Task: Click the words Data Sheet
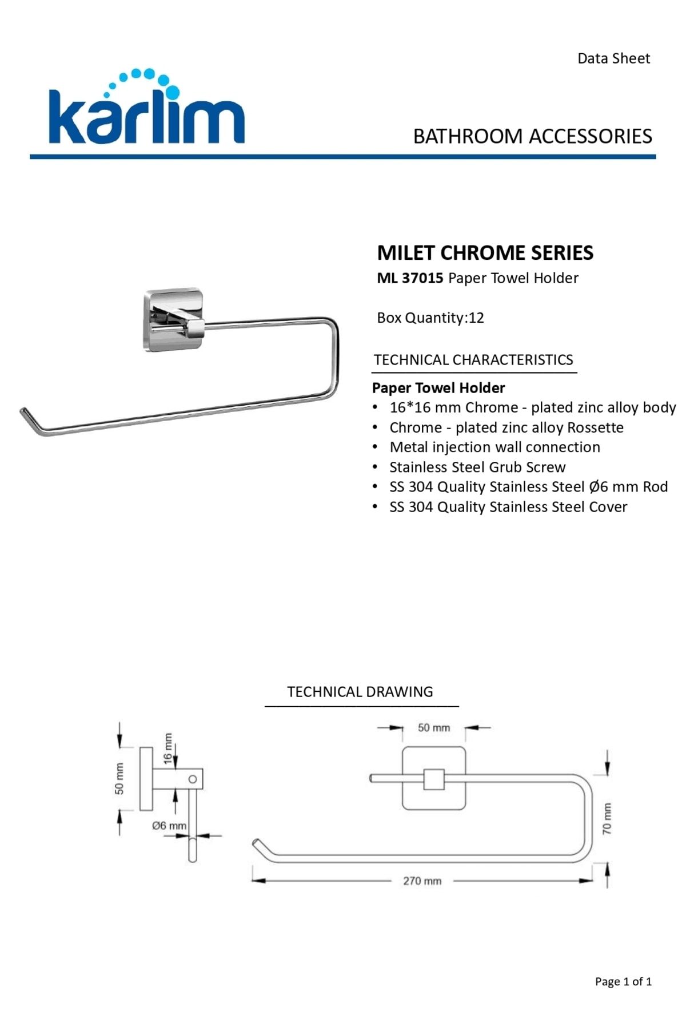pos(613,58)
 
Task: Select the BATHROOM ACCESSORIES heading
pos(532,136)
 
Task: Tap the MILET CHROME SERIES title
pos(485,252)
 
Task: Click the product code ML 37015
pos(410,278)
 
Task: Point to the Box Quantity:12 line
pos(430,318)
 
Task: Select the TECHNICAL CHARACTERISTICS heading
pos(473,360)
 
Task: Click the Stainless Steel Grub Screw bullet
pos(477,467)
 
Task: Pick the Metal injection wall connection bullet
pos(494,447)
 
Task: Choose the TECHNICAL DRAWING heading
pos(360,692)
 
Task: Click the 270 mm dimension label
pos(422,881)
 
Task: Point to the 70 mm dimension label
pos(607,818)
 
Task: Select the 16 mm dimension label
pos(167,748)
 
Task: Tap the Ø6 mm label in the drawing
pos(169,826)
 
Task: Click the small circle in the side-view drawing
pos(193,779)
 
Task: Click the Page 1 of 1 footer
pos(623,981)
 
